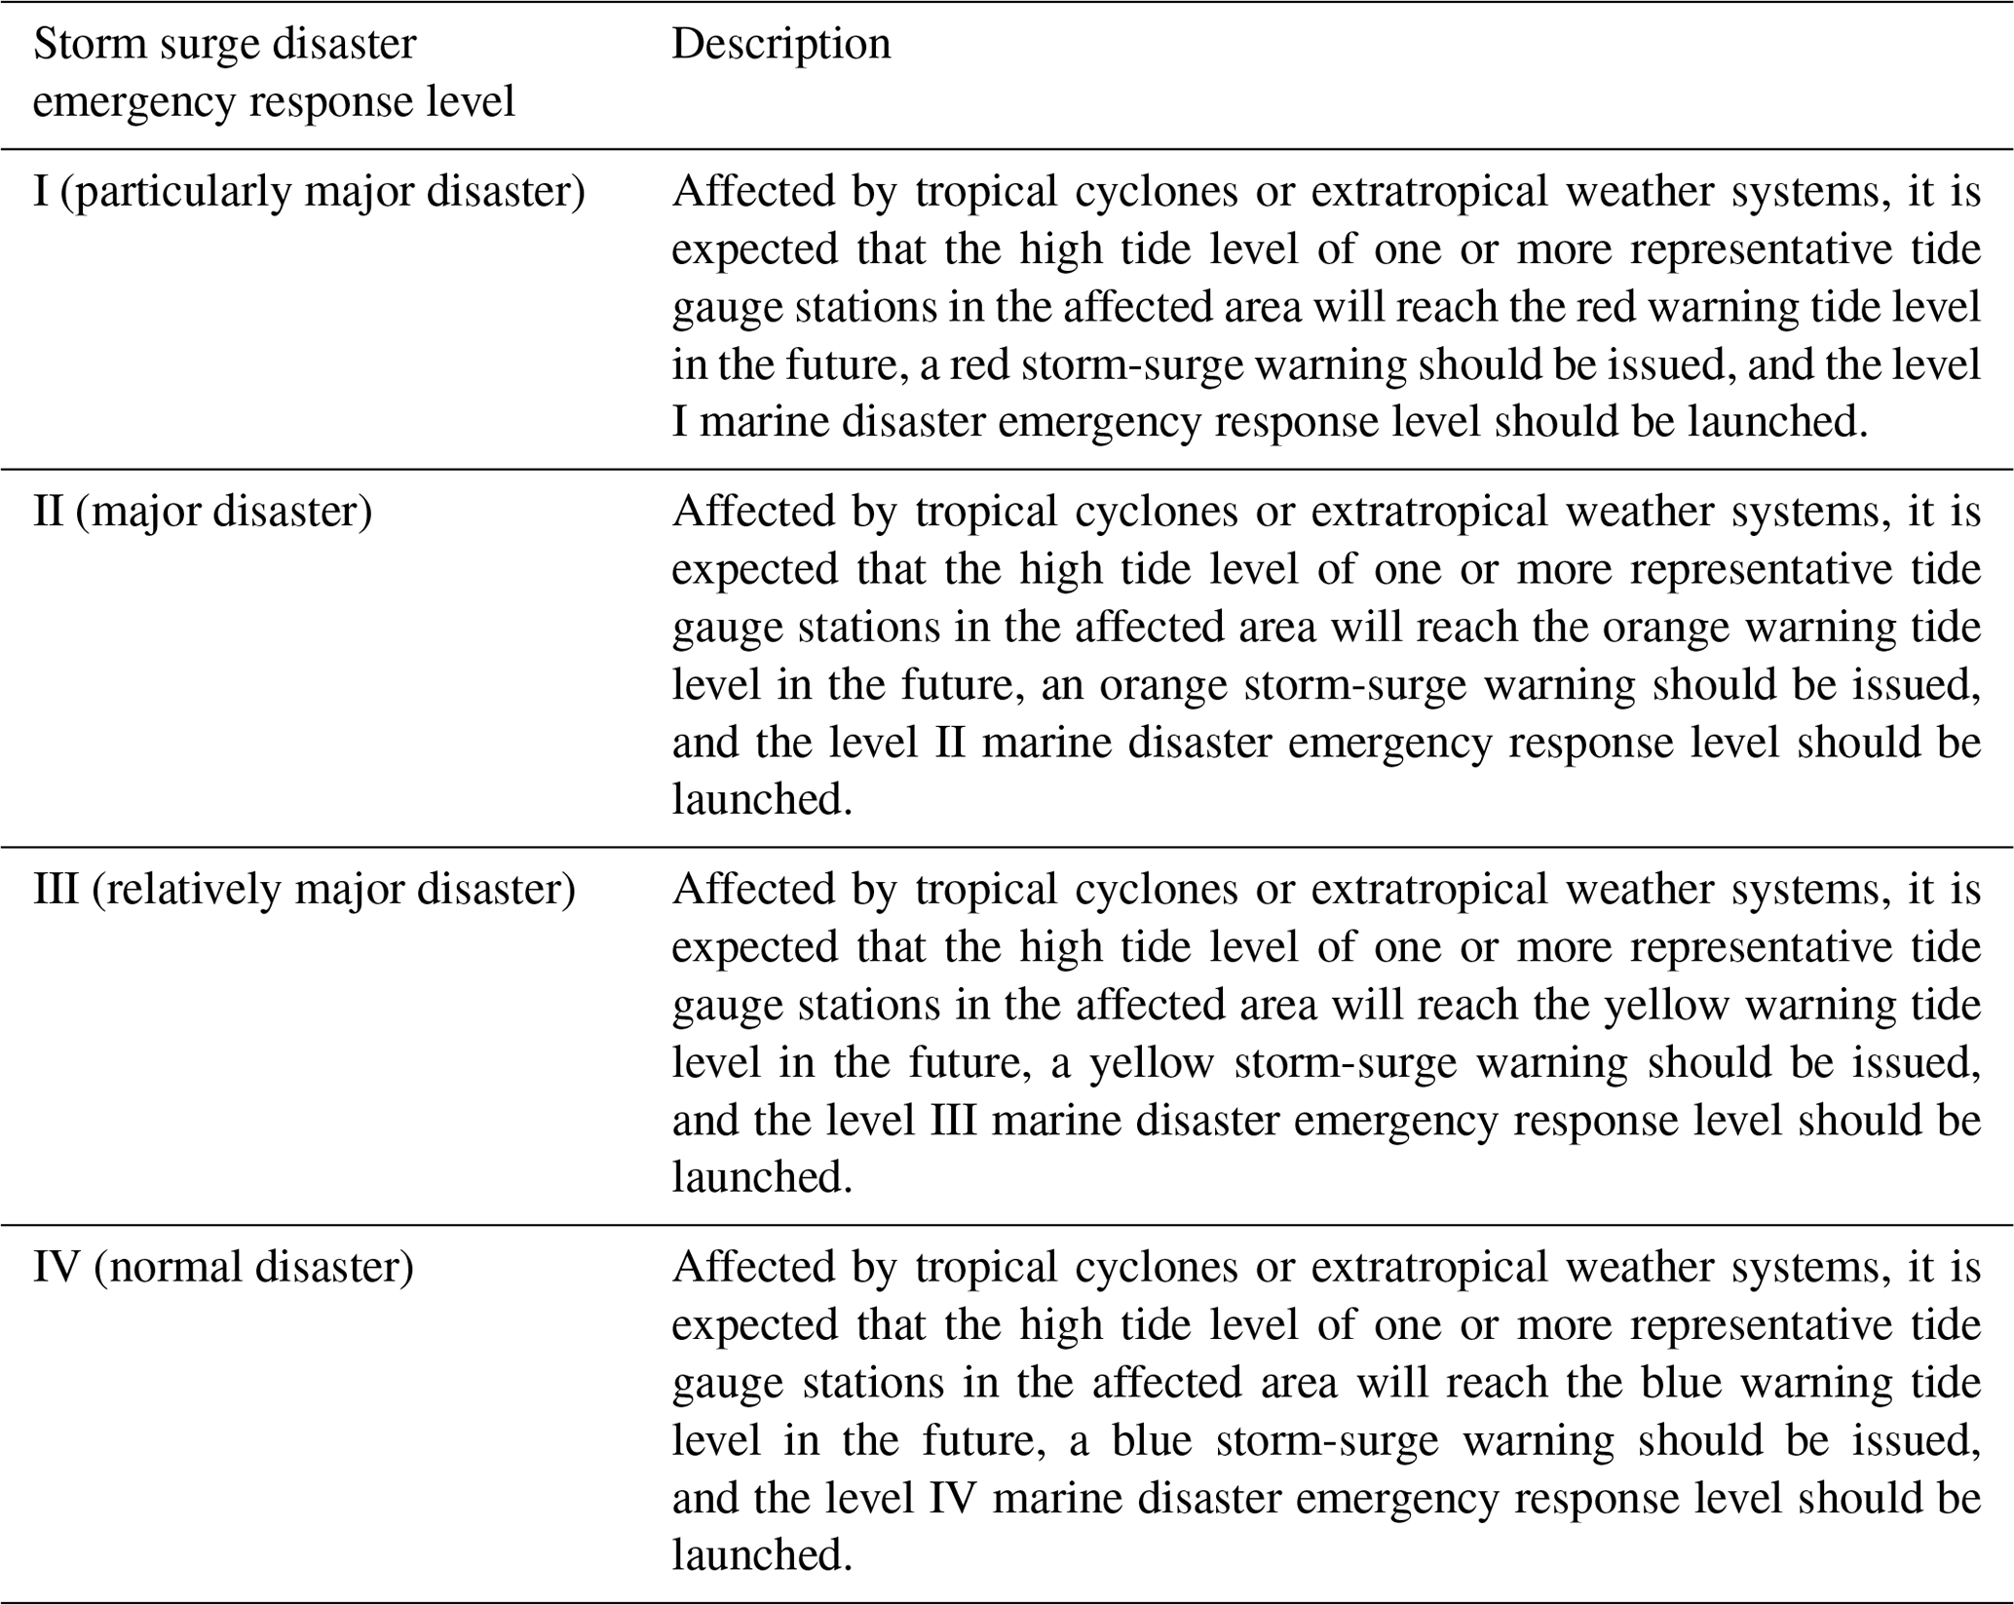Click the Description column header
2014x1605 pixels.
780,45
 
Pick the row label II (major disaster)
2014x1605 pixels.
203,513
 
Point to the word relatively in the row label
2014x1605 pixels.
186,890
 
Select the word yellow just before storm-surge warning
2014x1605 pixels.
1151,1063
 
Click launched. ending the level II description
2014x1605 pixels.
762,800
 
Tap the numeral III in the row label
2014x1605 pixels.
56,890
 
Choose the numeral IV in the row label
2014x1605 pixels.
57,1268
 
